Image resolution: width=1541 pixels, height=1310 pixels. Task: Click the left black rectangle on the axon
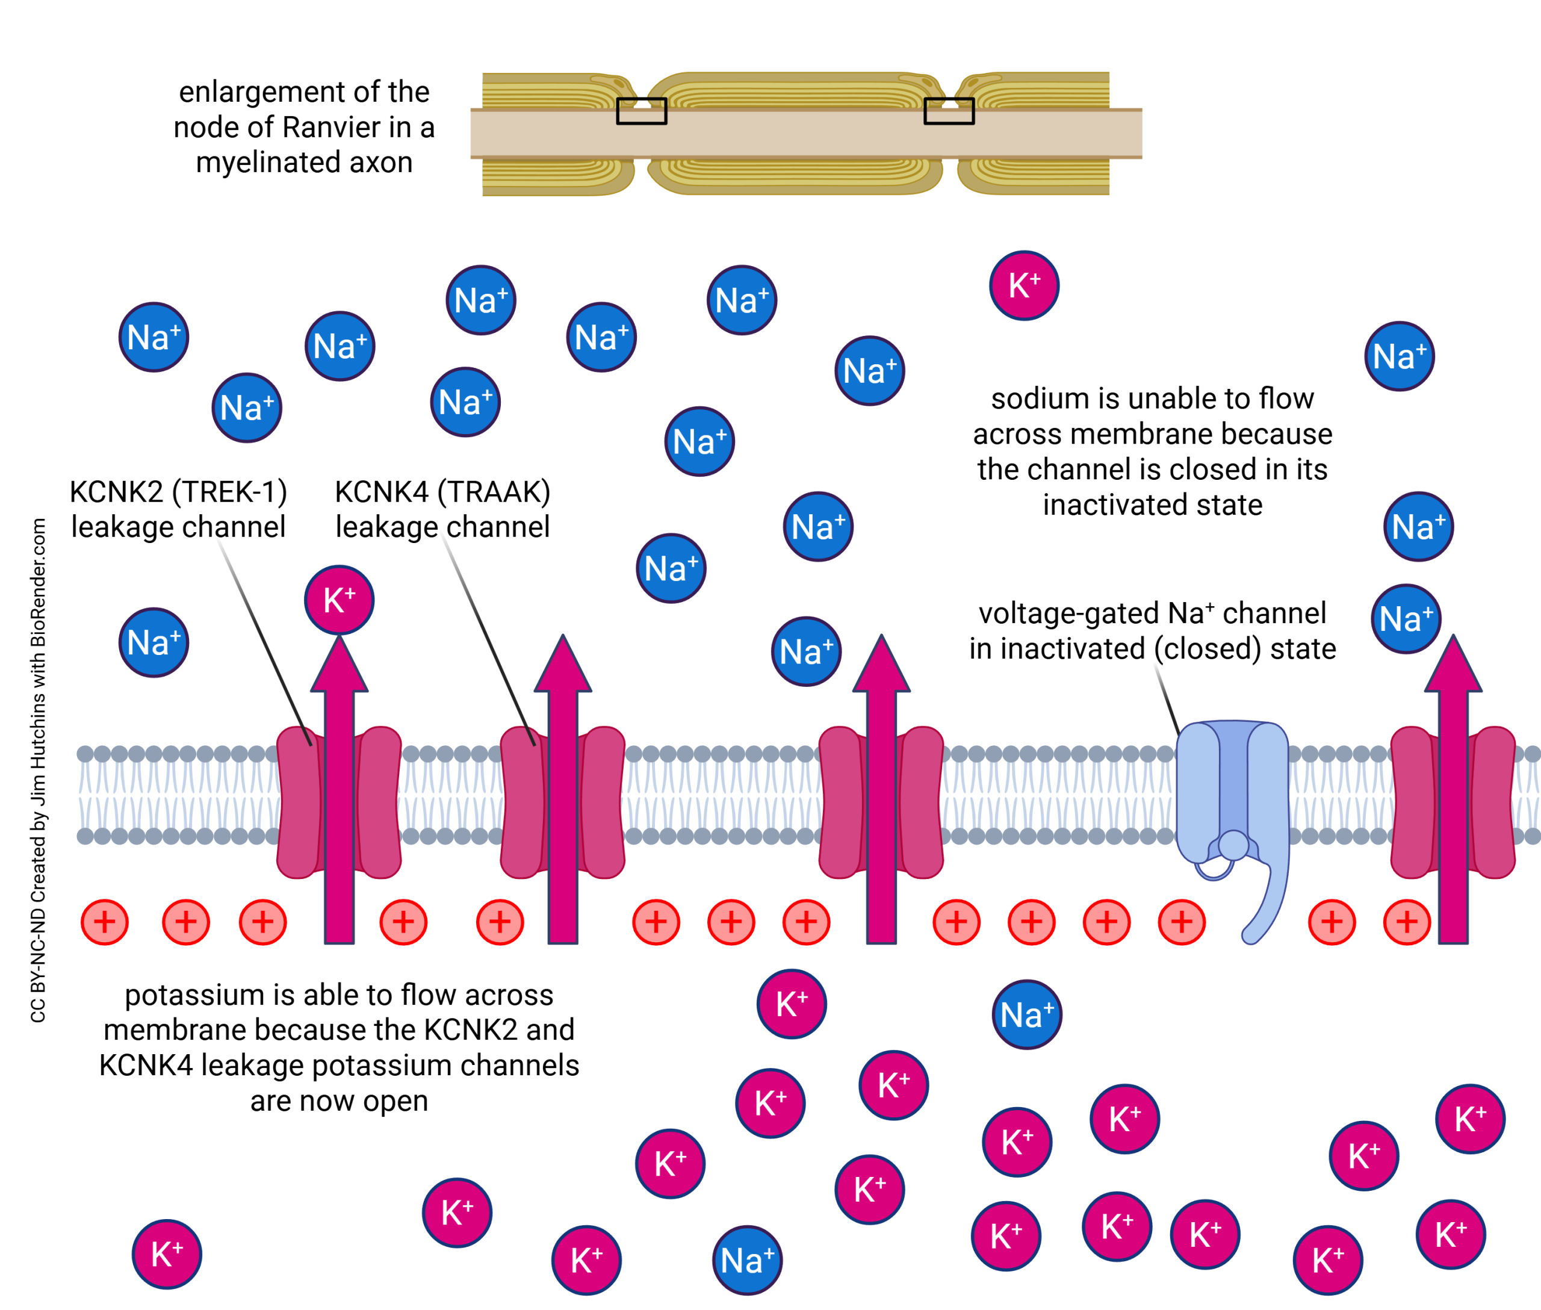click(642, 111)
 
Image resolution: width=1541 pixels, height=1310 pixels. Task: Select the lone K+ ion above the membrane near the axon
click(1024, 286)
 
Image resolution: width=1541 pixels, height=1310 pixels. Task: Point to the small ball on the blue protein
click(1233, 845)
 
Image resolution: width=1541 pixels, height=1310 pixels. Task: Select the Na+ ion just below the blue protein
click(1027, 1014)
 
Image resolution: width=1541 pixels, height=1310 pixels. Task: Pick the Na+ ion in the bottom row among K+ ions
click(747, 1260)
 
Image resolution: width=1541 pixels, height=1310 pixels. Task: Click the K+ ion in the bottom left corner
click(167, 1254)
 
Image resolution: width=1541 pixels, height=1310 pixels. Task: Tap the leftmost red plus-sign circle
click(105, 922)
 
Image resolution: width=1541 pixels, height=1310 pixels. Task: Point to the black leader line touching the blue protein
click(1165, 694)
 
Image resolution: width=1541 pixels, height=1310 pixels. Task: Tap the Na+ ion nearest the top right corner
click(1399, 356)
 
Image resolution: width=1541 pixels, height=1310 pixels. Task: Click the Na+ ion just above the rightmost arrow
click(1406, 619)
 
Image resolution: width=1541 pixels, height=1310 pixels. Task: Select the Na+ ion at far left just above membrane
click(153, 642)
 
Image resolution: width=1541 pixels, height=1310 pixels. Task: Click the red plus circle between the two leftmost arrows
click(403, 922)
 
